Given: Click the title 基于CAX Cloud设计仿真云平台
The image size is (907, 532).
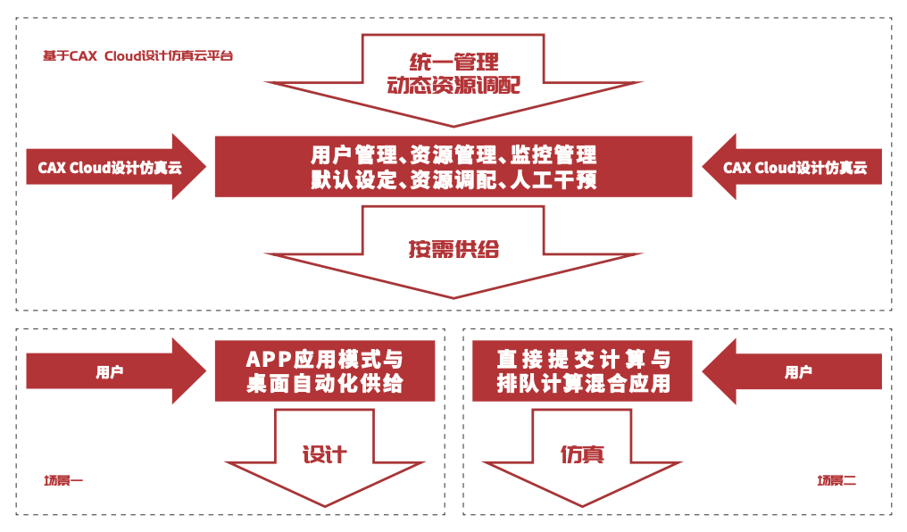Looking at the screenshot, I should tap(137, 55).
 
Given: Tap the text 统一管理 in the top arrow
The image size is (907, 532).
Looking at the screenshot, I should tap(453, 62).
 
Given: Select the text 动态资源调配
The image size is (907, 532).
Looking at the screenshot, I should tap(453, 86).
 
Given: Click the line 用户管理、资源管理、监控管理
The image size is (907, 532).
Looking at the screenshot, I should tap(453, 154).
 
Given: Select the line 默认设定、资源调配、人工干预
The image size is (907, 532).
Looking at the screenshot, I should tap(453, 179).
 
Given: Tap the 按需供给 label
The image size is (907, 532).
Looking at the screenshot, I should tap(453, 249).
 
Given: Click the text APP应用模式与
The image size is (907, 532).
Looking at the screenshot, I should tap(324, 361).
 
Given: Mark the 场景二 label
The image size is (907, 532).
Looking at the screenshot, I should tap(836, 481).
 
